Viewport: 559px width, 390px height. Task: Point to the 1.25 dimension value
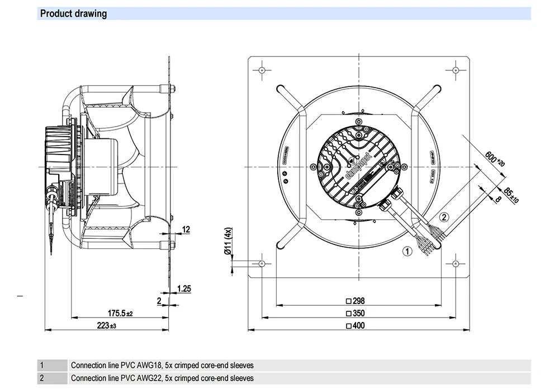[x=184, y=288]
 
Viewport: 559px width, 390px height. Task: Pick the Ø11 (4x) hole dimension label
[x=228, y=242]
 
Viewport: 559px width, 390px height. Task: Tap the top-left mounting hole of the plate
[x=262, y=70]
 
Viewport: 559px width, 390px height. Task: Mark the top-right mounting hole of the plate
[x=456, y=70]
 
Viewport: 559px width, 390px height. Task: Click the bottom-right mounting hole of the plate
[x=456, y=263]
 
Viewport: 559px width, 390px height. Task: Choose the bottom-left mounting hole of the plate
[x=262, y=263]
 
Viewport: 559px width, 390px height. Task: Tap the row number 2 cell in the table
[x=41, y=378]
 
